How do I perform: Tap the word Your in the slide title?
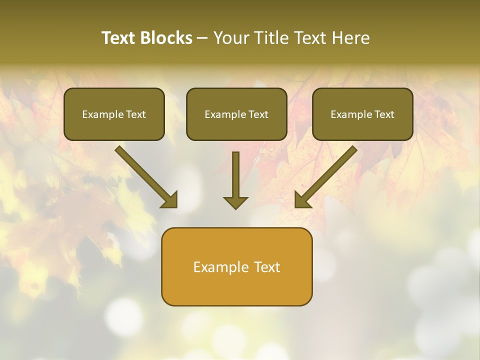(x=229, y=38)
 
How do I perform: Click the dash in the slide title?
(x=202, y=38)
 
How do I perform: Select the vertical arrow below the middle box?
(x=235, y=175)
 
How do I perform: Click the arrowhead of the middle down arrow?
(x=235, y=202)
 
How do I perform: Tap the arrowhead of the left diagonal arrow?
(x=170, y=200)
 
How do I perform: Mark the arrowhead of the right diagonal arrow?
(x=302, y=200)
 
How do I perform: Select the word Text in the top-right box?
(x=384, y=114)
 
